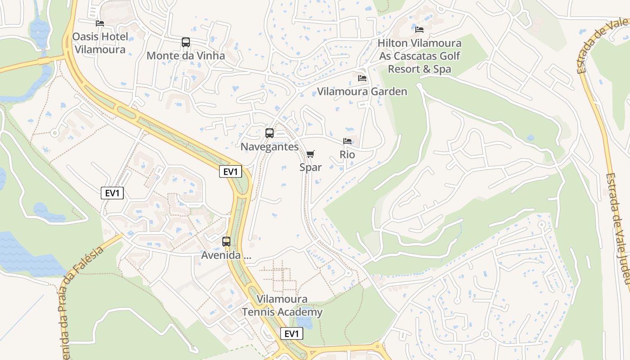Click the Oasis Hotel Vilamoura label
coord(100,43)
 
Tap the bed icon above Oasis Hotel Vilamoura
coord(100,23)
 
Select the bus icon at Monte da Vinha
coord(185,42)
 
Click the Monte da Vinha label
coord(185,56)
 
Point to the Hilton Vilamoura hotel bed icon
coord(419,30)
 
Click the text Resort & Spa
coord(419,69)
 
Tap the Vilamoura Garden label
coord(362,92)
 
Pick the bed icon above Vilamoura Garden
coord(362,78)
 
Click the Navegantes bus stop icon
coord(270,133)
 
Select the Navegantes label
coord(270,147)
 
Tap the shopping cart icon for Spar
coord(310,154)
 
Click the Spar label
coord(310,167)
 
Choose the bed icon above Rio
coord(347,141)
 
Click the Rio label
coord(347,155)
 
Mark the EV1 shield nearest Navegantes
coord(230,171)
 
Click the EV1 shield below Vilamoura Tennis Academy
coord(292,333)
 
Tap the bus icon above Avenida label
coord(226,242)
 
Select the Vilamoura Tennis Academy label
coord(282,306)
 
